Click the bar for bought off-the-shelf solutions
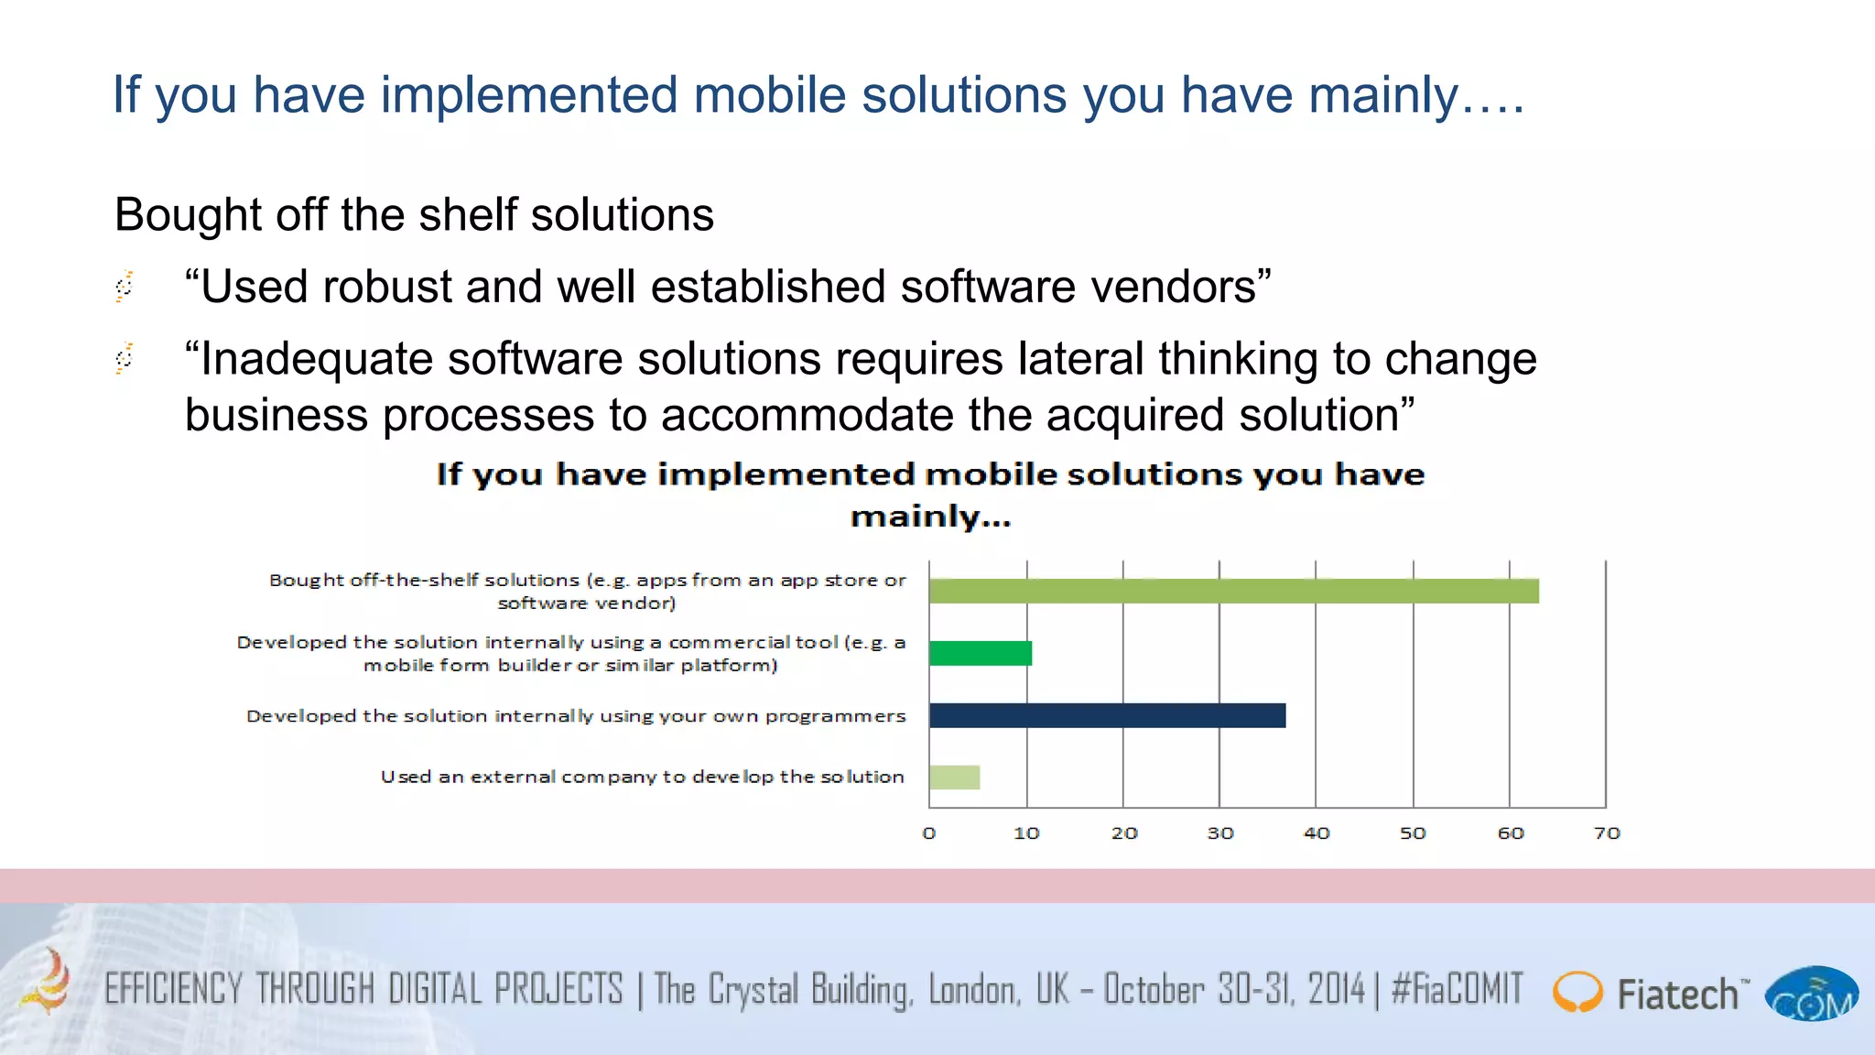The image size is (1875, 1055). pyautogui.click(x=1233, y=591)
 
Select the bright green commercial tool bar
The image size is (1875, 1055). pyautogui.click(x=981, y=653)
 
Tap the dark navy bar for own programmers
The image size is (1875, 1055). pyautogui.click(x=1107, y=715)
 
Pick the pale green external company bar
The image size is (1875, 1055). pyautogui.click(x=954, y=777)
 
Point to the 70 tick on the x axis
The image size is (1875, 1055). pyautogui.click(x=1607, y=833)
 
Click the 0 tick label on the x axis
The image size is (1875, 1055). pyautogui.click(x=929, y=833)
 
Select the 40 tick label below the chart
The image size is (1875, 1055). pyautogui.click(x=1317, y=833)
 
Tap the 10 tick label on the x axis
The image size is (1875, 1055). pyautogui.click(x=1026, y=833)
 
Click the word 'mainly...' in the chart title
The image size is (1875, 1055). pyautogui.click(x=930, y=517)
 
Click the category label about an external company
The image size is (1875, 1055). pyautogui.click(x=642, y=777)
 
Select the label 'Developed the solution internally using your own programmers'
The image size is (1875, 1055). pyautogui.click(x=576, y=715)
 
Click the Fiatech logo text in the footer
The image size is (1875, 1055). pyautogui.click(x=1677, y=995)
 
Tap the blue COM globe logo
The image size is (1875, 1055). pyautogui.click(x=1811, y=995)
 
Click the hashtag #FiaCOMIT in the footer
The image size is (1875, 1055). pyautogui.click(x=1457, y=990)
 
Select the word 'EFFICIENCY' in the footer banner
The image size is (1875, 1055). pyautogui.click(x=173, y=990)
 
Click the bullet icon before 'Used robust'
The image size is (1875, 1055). pyautogui.click(x=125, y=286)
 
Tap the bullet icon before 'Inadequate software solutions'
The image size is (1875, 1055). pyautogui.click(x=125, y=357)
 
